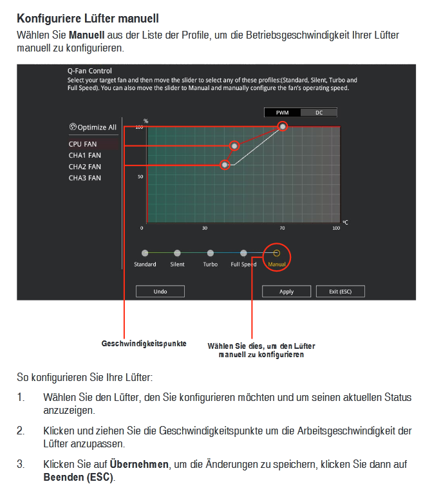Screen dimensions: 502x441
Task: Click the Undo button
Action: click(x=160, y=292)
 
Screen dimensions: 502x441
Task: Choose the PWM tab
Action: click(x=282, y=113)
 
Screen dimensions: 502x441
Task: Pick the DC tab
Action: click(x=319, y=113)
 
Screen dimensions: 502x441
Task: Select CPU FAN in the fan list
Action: click(x=82, y=144)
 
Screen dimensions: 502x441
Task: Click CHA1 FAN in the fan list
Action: click(x=84, y=155)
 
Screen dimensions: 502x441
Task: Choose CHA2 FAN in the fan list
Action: click(x=84, y=167)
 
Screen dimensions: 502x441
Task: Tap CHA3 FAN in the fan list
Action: click(x=84, y=178)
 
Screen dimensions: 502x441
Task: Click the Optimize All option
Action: click(x=93, y=127)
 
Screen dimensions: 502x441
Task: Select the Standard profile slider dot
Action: click(x=145, y=254)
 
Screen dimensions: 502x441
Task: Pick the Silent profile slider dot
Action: click(x=177, y=254)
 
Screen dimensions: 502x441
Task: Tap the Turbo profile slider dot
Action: click(x=211, y=254)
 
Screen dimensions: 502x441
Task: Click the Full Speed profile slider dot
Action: click(x=243, y=254)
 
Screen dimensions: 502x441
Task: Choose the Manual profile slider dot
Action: click(x=277, y=254)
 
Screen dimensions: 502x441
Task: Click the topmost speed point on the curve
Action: click(x=283, y=127)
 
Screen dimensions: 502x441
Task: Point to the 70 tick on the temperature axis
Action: click(x=282, y=228)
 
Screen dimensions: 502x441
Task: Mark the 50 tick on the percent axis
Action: click(x=141, y=177)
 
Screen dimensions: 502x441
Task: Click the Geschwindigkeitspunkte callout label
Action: click(x=144, y=344)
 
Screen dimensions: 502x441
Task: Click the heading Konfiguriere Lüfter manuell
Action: click(x=88, y=19)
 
